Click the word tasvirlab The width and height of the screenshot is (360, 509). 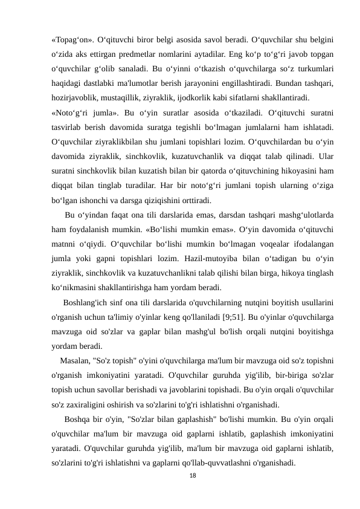click(x=68, y=127)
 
